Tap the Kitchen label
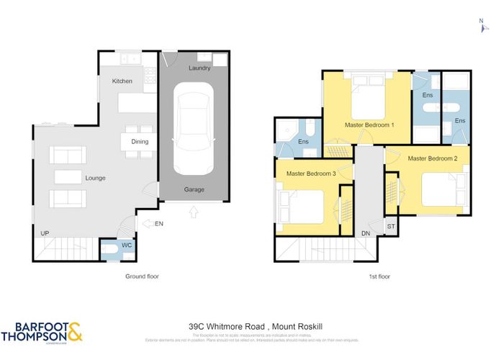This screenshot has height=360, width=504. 122,81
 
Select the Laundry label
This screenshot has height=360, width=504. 199,68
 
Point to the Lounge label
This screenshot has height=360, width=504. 95,178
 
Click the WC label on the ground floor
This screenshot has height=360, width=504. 127,246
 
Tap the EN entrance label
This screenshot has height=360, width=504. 159,225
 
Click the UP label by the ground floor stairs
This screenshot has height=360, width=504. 45,233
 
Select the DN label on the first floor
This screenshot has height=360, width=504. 366,233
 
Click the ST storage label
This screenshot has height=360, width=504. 391,226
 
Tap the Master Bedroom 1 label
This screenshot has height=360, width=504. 369,125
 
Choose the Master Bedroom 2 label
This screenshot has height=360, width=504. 433,158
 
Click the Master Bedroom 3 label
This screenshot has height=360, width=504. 311,174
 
